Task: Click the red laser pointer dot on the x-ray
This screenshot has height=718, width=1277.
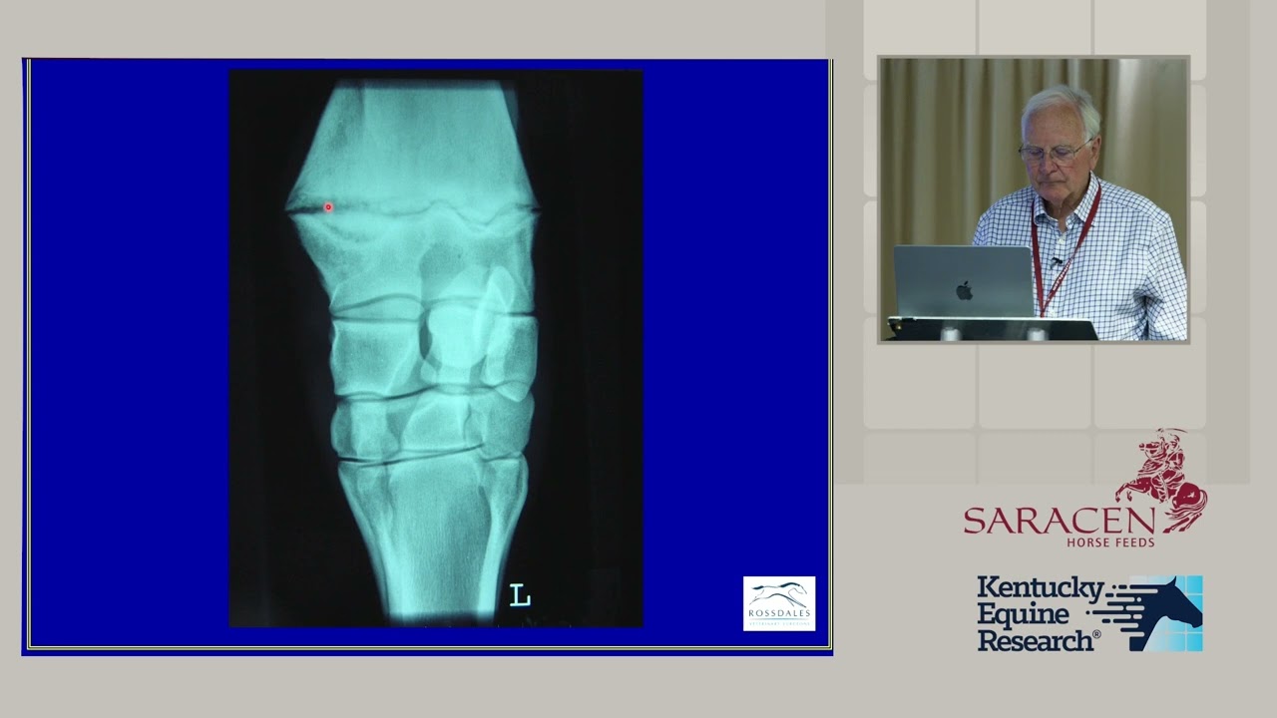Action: coord(328,207)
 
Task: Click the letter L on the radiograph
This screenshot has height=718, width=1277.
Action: coord(520,595)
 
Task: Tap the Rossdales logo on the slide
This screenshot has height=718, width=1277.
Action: coord(779,603)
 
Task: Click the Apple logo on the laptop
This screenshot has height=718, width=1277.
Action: coord(964,290)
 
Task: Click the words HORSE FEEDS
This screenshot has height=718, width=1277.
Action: coord(1110,542)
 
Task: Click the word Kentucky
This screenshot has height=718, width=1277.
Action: coord(1040,588)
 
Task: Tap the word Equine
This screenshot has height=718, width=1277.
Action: coord(1023,614)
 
